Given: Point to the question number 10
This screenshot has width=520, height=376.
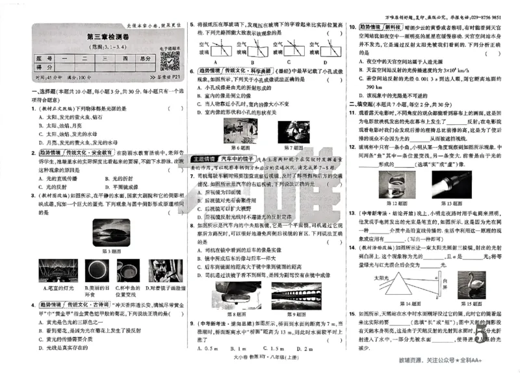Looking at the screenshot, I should pyautogui.click(x=352, y=27).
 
